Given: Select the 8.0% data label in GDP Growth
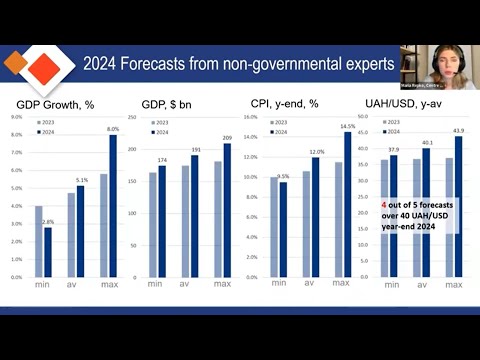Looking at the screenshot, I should (112, 129).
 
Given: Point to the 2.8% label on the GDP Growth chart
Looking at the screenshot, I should (47, 221).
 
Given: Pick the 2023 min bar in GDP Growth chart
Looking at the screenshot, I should (39, 241).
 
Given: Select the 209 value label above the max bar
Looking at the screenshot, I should (227, 137).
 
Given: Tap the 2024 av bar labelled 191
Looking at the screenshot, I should (194, 215).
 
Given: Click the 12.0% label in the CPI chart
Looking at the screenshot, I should (315, 151).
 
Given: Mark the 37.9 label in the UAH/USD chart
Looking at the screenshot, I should (392, 151).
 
